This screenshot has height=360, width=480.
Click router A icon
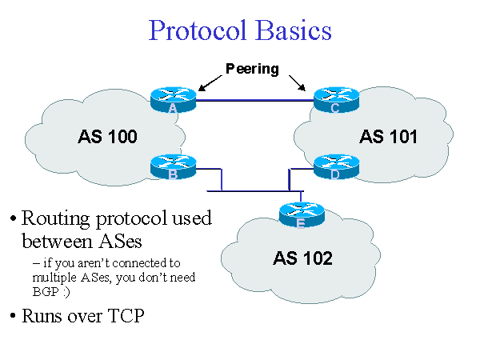coord(173,100)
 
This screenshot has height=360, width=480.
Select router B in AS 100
coord(173,166)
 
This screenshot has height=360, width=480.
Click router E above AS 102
coord(301,214)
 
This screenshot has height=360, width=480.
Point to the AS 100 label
coord(108,137)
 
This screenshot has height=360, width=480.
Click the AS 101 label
coord(388,137)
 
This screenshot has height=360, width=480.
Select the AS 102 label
coord(302,258)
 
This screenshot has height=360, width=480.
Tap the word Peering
coord(252,69)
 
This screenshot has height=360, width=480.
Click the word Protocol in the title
coord(200,31)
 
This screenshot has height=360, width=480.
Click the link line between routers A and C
coord(254,102)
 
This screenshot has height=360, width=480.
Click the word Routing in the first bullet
coord(55,218)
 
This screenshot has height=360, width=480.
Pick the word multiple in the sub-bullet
coord(52,278)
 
